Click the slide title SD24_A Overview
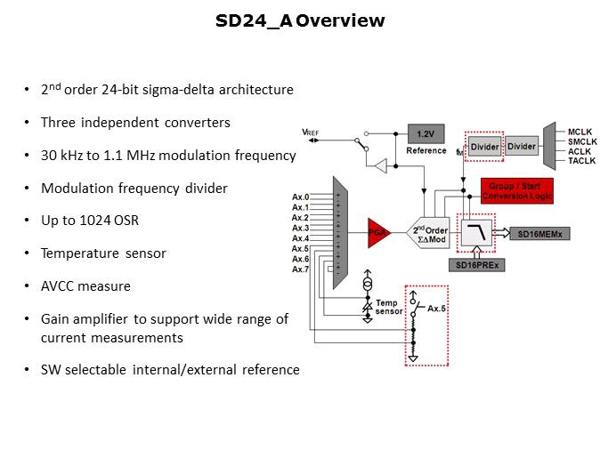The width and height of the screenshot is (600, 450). pyautogui.click(x=300, y=20)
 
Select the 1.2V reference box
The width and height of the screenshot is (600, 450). pyautogui.click(x=425, y=133)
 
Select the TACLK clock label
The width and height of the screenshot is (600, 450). pyautogui.click(x=583, y=160)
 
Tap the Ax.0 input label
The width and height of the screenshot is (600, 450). pyautogui.click(x=300, y=197)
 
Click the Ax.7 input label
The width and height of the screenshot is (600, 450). pyautogui.click(x=300, y=269)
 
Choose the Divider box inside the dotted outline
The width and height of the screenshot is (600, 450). pyautogui.click(x=485, y=147)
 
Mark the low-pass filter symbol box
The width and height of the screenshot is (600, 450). pyautogui.click(x=478, y=234)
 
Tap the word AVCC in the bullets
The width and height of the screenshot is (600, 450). pyautogui.click(x=59, y=286)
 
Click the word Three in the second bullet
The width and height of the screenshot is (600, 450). pyautogui.click(x=58, y=122)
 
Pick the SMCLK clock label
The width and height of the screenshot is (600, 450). pyautogui.click(x=583, y=142)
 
